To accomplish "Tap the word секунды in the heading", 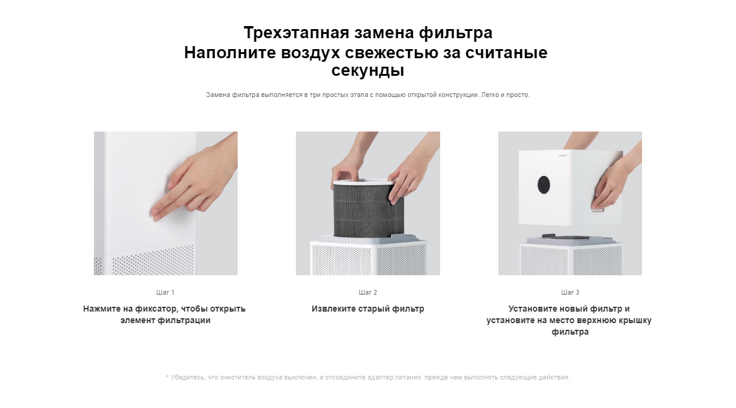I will click(367, 71).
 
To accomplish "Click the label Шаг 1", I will click(165, 292).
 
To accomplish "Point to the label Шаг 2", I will click(367, 292).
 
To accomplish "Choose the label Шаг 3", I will click(570, 292).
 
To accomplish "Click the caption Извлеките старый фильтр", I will click(367, 309).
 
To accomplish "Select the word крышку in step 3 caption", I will click(633, 321).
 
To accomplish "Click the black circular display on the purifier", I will click(544, 185).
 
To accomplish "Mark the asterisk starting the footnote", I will click(167, 376).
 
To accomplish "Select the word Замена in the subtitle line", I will click(217, 95).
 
